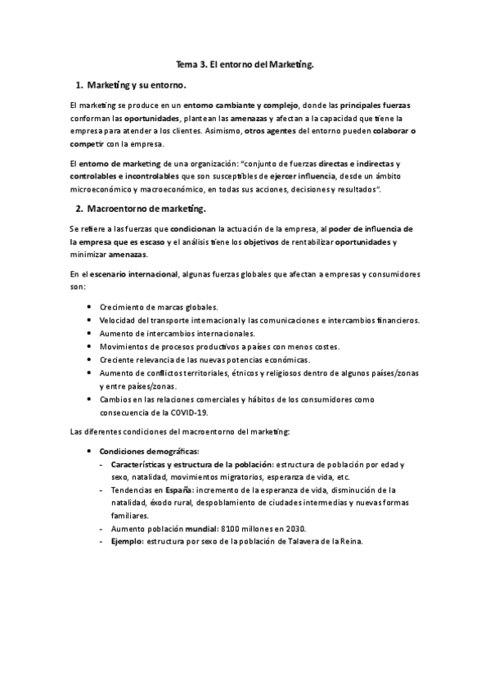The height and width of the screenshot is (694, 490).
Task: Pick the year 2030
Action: point(306,528)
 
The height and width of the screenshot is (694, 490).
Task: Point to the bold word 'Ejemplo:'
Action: point(128,541)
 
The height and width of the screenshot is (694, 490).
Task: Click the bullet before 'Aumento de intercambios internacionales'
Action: point(88,333)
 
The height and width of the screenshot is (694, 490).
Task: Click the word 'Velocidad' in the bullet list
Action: point(119,320)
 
